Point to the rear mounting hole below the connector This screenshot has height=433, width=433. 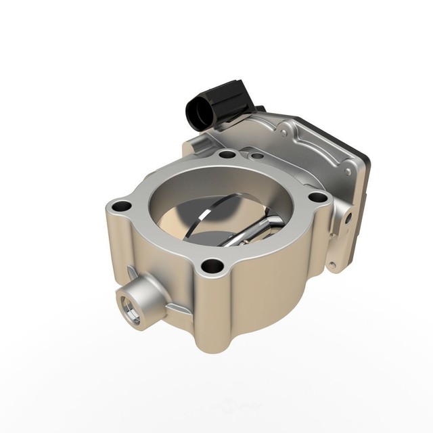[x=228, y=154]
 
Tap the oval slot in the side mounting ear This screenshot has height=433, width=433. [x=349, y=217]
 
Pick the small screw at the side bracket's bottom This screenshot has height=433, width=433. [x=332, y=267]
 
